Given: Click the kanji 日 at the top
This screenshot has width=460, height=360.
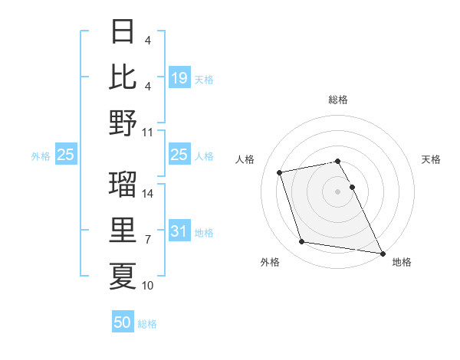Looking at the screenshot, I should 123,33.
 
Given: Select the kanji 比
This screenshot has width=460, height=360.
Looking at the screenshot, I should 123,77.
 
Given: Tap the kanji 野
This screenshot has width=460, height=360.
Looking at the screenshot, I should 123,122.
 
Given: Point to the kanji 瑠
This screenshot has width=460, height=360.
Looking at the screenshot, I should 123,185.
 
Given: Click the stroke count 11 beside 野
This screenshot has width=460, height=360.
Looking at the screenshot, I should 149,132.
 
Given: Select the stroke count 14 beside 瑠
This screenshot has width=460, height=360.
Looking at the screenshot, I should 149,195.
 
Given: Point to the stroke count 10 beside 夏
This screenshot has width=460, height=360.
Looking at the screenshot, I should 149,286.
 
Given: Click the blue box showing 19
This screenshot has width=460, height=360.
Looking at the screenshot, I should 179,78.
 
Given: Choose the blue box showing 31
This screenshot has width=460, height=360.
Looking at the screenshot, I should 179,231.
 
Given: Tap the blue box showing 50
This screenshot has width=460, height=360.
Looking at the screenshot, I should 123,322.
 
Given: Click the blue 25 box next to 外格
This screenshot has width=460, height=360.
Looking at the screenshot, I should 66,155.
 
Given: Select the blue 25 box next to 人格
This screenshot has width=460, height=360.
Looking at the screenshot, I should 179,155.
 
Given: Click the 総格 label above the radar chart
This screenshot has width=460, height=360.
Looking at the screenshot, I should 338,100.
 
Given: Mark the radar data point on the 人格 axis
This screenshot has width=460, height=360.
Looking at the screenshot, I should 280,172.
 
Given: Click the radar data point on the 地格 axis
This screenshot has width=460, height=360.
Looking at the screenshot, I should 382,253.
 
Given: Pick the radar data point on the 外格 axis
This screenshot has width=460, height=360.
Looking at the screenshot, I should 302,242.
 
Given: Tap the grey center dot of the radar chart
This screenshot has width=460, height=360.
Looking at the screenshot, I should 338,191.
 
